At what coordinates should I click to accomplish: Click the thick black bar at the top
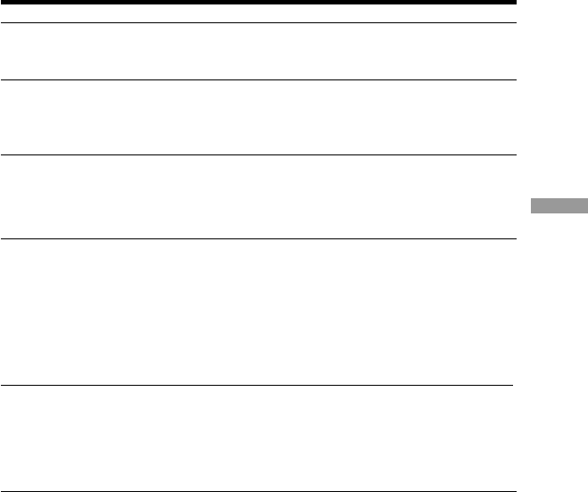click(x=259, y=4)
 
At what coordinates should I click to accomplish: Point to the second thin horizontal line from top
click(x=259, y=80)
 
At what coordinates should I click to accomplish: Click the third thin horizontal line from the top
click(x=259, y=155)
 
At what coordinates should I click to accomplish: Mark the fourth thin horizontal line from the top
click(x=259, y=238)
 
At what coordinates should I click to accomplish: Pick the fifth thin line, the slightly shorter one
click(x=257, y=386)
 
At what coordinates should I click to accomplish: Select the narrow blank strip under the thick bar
click(x=259, y=14)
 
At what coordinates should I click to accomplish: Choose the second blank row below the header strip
click(x=259, y=118)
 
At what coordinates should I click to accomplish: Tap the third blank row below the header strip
click(x=259, y=196)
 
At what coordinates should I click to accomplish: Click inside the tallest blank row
click(x=259, y=313)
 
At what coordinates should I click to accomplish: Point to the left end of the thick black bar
click(x=3, y=4)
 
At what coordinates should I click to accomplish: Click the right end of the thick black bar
click(x=515, y=4)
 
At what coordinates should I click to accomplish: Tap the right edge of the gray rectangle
click(x=586, y=206)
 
